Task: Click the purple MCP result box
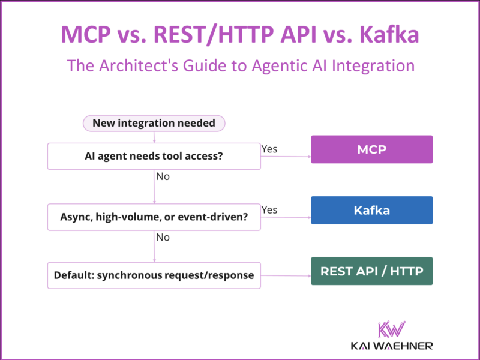pos(371,149)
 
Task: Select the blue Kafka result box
pos(371,210)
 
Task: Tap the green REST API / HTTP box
pos(371,271)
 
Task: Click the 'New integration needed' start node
pos(154,124)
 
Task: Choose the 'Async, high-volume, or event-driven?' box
pos(154,217)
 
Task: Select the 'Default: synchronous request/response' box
pos(154,275)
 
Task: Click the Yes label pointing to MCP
pos(269,148)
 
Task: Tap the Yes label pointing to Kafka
pos(269,209)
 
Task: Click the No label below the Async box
pos(163,237)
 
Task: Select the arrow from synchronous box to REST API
pos(286,276)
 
